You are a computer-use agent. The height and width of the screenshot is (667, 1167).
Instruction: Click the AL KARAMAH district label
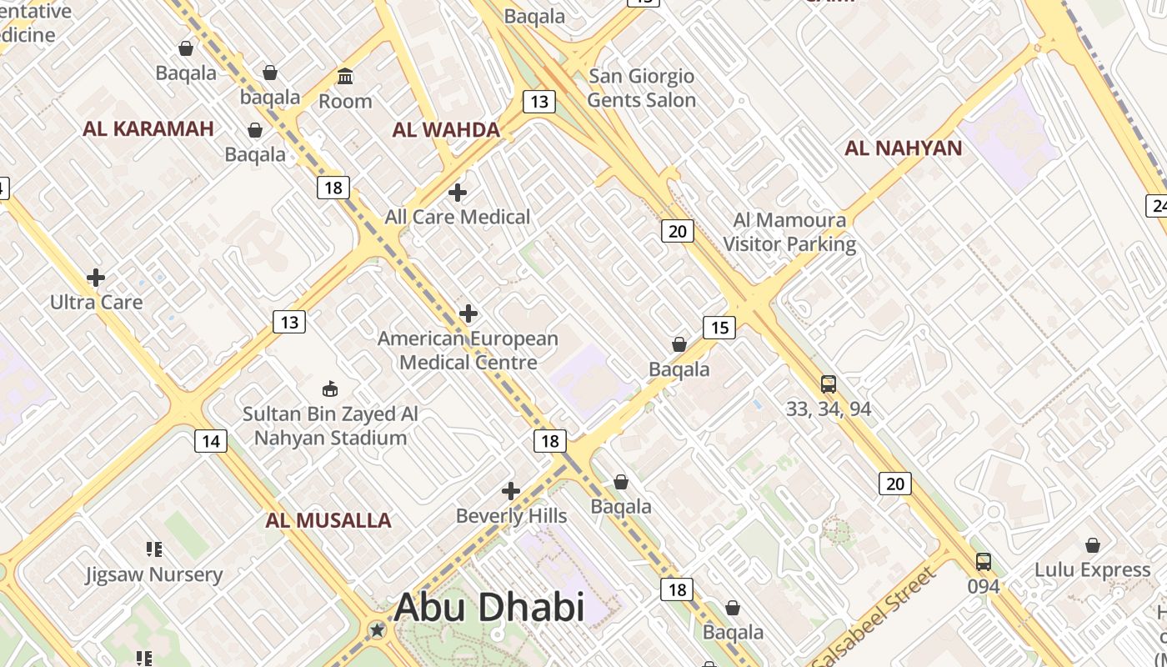tap(148, 128)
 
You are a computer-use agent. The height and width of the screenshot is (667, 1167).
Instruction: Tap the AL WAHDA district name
tap(446, 129)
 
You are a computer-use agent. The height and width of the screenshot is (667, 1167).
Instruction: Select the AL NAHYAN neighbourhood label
tap(904, 148)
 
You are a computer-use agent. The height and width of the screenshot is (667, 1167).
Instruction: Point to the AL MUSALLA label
tap(328, 520)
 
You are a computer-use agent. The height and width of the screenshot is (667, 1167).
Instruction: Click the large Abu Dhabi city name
tap(489, 607)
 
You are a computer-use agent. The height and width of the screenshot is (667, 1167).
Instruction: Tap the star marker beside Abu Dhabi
tap(378, 629)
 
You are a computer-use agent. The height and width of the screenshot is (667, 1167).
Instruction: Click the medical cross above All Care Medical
tap(458, 193)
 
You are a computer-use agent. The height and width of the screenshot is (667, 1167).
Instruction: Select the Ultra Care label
tap(97, 302)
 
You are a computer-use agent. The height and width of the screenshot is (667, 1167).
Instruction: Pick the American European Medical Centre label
tap(468, 350)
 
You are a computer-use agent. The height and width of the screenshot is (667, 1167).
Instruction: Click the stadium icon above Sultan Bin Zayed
tap(330, 389)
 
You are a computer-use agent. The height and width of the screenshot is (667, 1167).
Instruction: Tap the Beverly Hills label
tap(511, 516)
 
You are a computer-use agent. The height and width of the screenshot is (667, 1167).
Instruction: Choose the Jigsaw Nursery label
tap(154, 574)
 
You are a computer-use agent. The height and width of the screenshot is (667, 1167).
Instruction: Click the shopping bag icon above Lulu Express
tap(1093, 545)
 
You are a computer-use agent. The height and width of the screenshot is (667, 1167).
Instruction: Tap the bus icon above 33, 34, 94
tap(829, 384)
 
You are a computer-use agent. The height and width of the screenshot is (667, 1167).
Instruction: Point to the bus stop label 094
tap(984, 586)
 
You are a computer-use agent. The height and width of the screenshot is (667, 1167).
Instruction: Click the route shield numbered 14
tap(211, 441)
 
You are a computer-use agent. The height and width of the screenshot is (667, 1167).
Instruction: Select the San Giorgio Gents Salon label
tap(642, 88)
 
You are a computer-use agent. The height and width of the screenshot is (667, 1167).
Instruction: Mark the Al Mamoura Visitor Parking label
tap(789, 233)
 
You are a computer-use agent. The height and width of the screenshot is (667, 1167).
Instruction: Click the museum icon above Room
tap(345, 77)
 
